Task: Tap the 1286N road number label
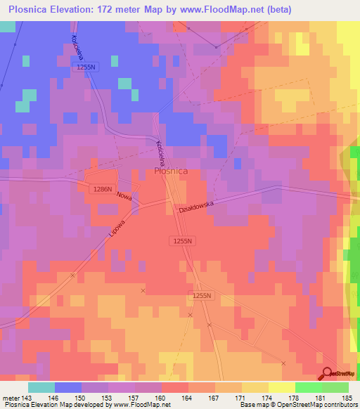tap(103, 189)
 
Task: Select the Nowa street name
tap(124, 196)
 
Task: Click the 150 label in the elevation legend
tap(81, 398)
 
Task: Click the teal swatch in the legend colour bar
tap(41, 387)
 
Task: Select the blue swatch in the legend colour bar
tap(67, 387)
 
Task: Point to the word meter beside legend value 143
tap(11, 398)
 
